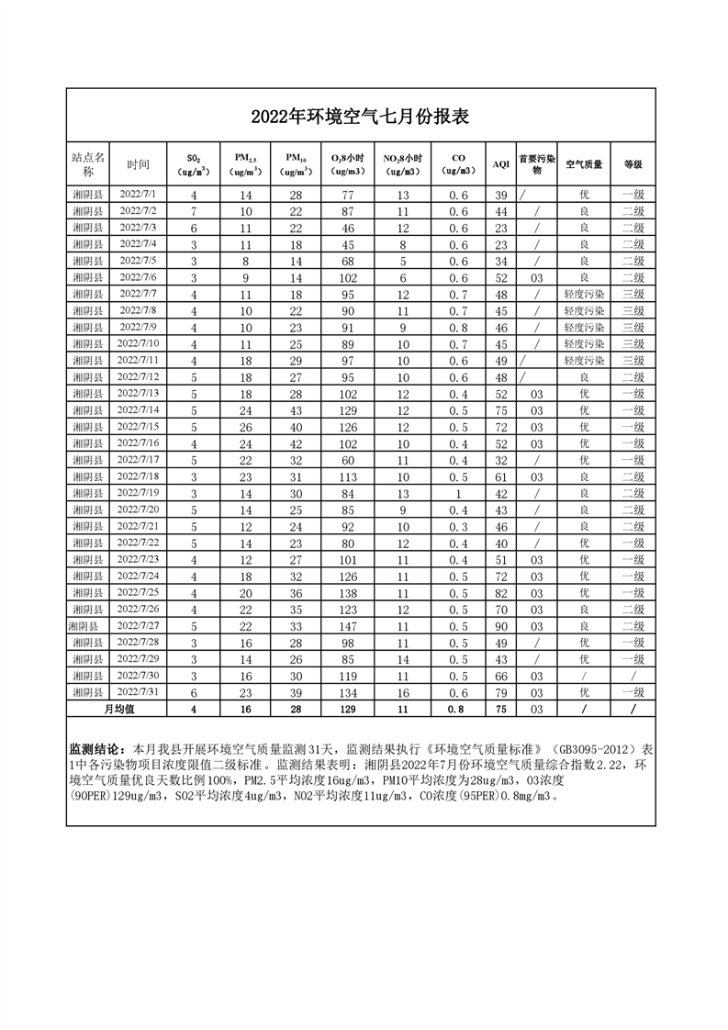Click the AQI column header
(500, 164)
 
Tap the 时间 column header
(139, 164)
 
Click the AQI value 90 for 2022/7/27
(501, 626)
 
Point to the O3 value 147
(348, 626)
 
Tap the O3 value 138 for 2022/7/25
(348, 593)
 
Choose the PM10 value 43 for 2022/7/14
(296, 410)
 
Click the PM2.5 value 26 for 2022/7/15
(246, 427)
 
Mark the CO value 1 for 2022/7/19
(458, 493)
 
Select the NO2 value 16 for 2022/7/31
(402, 692)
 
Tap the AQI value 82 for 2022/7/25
(501, 593)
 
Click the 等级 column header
(633, 164)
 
